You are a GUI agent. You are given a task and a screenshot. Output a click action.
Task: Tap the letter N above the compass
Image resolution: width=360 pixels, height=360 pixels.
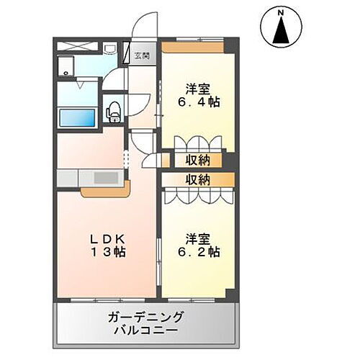[282, 12]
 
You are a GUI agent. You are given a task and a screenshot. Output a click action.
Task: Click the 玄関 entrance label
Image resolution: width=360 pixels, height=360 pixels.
[142, 55]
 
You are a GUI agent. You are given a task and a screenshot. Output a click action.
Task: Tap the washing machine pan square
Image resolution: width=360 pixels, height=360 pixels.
[68, 68]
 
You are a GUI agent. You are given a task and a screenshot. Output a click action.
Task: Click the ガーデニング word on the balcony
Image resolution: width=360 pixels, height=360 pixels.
[146, 318]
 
